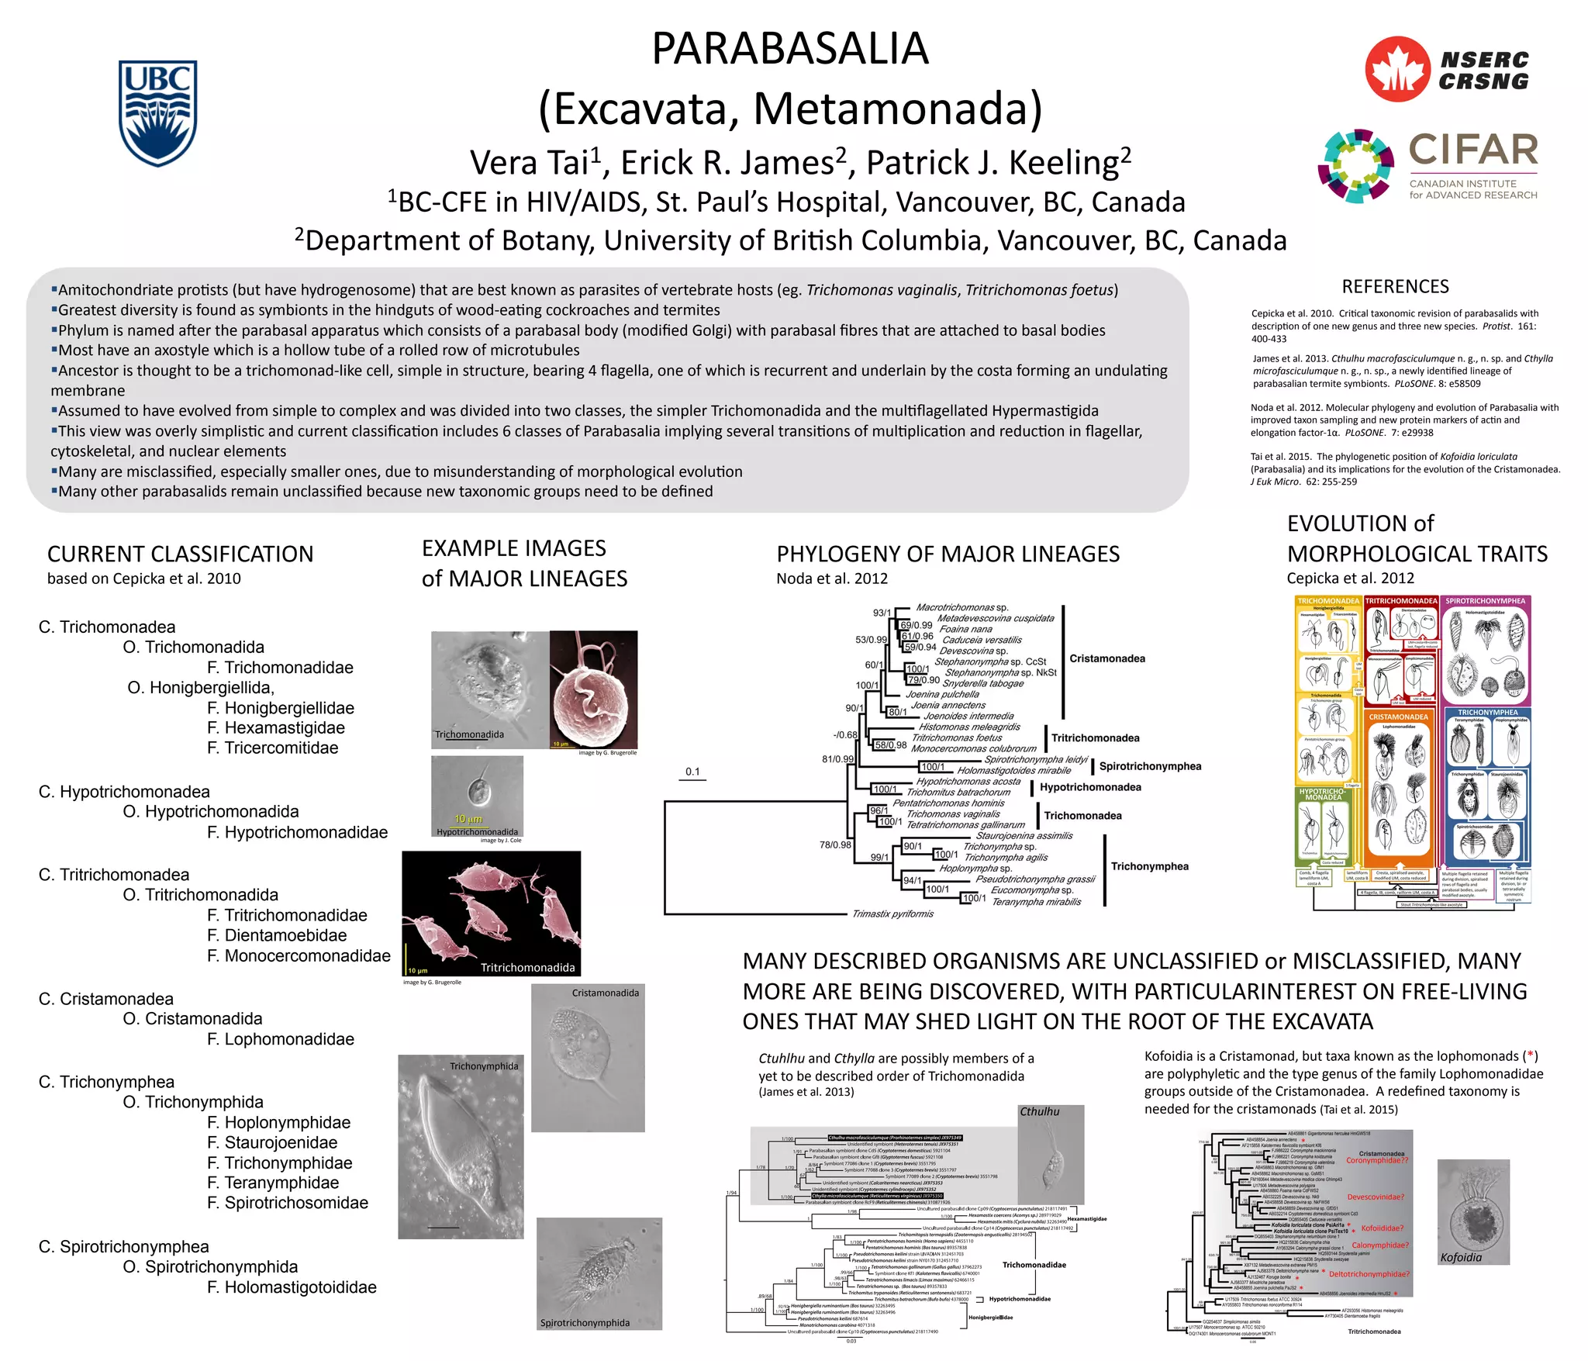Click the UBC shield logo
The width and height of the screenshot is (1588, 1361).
[x=157, y=113]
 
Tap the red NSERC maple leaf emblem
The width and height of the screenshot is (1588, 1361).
[x=1397, y=69]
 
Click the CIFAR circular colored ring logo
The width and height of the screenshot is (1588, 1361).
[x=1355, y=166]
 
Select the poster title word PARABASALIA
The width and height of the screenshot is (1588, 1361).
[x=789, y=48]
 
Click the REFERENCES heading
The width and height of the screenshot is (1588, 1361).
[x=1395, y=287]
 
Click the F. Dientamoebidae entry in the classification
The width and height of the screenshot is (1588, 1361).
[x=277, y=935]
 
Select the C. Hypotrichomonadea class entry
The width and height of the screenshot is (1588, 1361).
[x=124, y=792]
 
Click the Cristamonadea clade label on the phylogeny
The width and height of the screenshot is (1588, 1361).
[x=1106, y=658]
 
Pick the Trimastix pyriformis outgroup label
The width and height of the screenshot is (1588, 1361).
[x=892, y=914]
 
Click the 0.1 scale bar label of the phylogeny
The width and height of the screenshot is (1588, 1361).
[x=692, y=772]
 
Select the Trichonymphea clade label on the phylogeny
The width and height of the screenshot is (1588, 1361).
[x=1149, y=866]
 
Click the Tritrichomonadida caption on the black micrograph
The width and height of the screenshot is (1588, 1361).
[x=527, y=967]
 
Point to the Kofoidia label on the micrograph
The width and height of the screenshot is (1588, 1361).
[x=1460, y=1258]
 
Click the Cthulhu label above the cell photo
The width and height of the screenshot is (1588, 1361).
[x=1039, y=1111]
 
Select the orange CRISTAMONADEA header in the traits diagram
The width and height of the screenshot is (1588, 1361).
[x=1398, y=717]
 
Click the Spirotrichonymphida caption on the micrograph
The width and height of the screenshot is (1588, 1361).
[x=585, y=1323]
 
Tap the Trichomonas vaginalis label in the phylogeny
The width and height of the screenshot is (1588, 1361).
[x=952, y=813]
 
